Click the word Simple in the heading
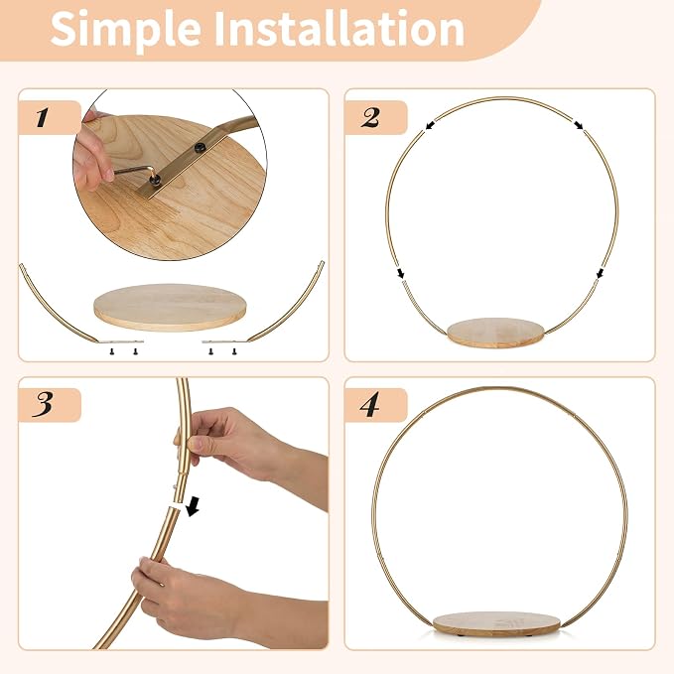125,30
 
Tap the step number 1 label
42,118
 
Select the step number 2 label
370,118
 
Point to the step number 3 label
43,404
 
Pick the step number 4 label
369,404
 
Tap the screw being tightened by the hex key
156,180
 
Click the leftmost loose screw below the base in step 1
112,351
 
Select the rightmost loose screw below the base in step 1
234,351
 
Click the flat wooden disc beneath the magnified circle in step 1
170,307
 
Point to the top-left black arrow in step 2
430,125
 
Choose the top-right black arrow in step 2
579,125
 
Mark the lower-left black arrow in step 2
401,273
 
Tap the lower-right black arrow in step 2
601,273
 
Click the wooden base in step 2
495,333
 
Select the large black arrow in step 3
193,507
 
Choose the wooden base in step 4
495,623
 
